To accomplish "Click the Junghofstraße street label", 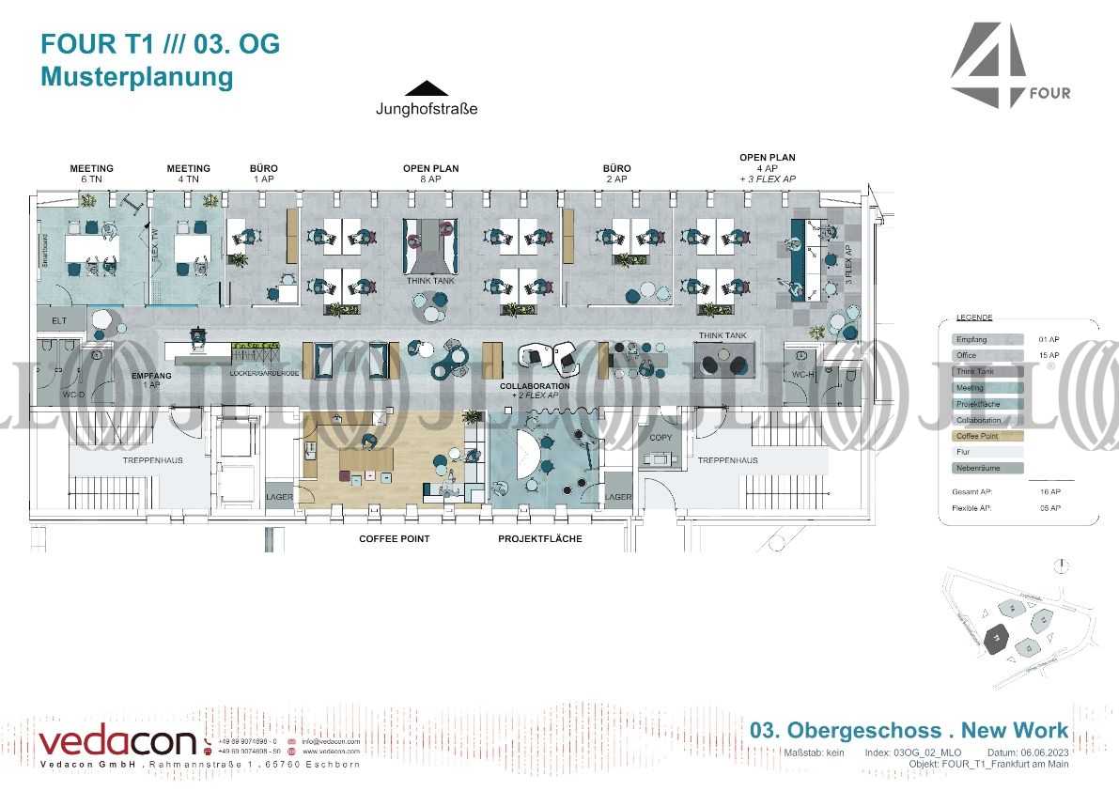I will (427, 109).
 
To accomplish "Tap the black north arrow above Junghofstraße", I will (427, 88).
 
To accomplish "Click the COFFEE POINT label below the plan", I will (395, 539).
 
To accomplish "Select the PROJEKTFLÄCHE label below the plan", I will (540, 539).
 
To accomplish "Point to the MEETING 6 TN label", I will (91, 174).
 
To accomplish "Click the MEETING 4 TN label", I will (189, 174).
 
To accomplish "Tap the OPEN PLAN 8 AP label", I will (430, 174).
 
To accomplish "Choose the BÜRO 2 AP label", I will (617, 174).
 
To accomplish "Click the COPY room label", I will (661, 438).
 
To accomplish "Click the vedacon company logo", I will (117, 742).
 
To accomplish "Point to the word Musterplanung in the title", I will (136, 77).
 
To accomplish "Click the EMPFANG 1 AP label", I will (151, 380).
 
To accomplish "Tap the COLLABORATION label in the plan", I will (535, 386).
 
